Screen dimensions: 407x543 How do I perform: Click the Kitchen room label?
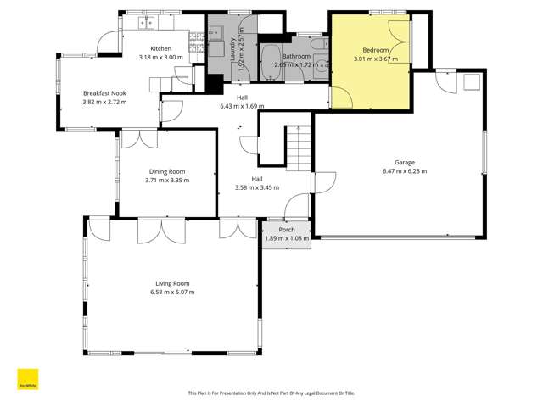pyautogui.click(x=161, y=48)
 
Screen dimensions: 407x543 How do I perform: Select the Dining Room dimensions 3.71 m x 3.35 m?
pyautogui.click(x=167, y=180)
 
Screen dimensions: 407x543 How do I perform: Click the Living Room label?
pyautogui.click(x=171, y=283)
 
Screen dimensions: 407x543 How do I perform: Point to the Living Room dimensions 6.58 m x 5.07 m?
pyautogui.click(x=171, y=292)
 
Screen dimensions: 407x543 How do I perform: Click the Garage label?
pyautogui.click(x=405, y=162)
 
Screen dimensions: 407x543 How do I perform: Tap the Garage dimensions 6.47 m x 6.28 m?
pyautogui.click(x=405, y=170)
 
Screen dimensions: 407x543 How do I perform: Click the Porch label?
pyautogui.click(x=287, y=230)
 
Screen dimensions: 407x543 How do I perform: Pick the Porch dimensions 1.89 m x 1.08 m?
pyautogui.click(x=287, y=238)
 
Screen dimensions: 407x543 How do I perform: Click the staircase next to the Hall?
pyautogui.click(x=299, y=147)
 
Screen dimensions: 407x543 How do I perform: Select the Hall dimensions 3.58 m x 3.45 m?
pyautogui.click(x=256, y=187)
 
